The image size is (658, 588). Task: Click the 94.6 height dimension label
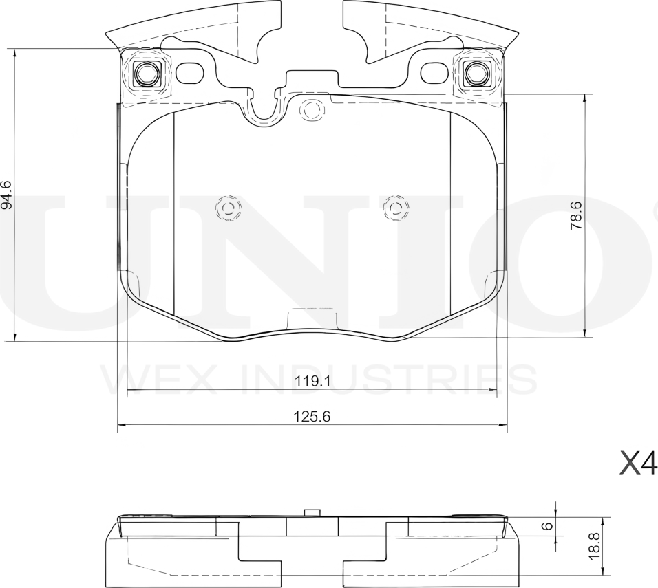pyautogui.click(x=6, y=195)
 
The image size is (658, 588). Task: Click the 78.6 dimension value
pyautogui.click(x=577, y=215)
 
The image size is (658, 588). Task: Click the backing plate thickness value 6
pyautogui.click(x=548, y=525)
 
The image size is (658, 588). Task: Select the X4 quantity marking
pyautogui.click(x=638, y=464)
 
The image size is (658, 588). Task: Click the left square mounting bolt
pyautogui.click(x=146, y=72)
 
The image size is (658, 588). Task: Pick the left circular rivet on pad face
pyautogui.click(x=227, y=207)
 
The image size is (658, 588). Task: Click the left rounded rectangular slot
pyautogui.click(x=191, y=73)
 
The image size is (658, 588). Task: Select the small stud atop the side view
pyautogui.click(x=312, y=512)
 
